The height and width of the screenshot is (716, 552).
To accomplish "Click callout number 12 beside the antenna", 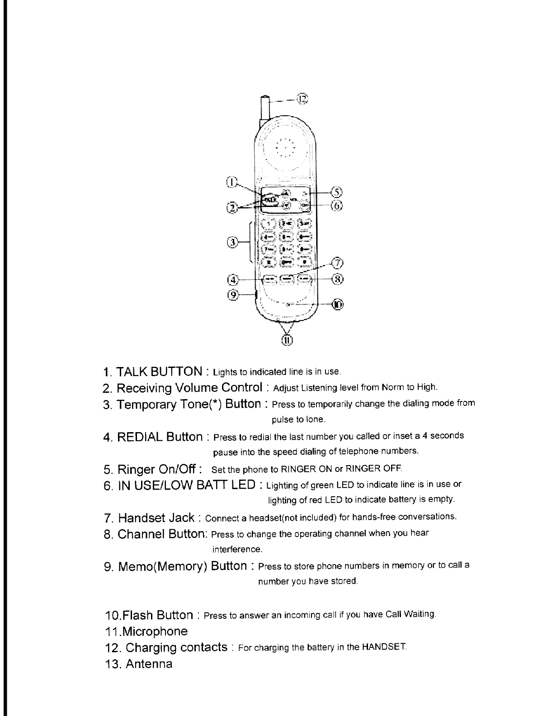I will pos(302,99).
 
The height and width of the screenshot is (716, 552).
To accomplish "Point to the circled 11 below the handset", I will pos(288,340).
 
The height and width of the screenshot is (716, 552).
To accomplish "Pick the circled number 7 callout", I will pos(337,263).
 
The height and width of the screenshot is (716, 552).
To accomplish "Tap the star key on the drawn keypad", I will pos(269,262).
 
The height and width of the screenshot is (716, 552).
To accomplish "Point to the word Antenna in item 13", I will pos(149,664).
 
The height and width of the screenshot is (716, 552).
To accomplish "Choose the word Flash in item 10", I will pos(138,615).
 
